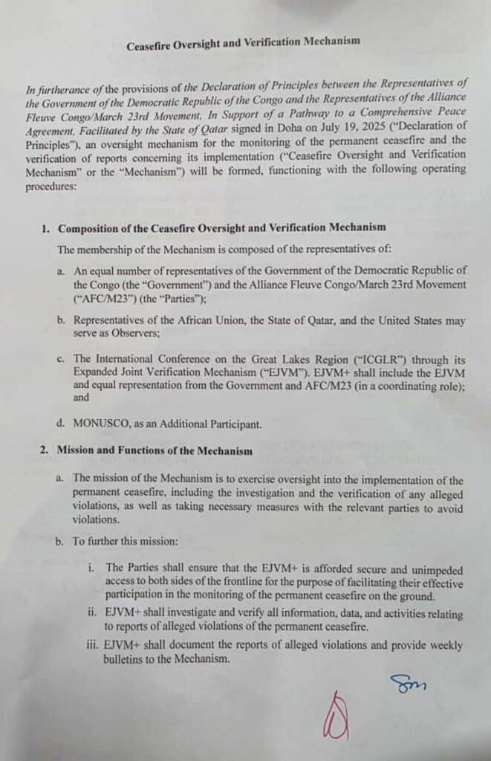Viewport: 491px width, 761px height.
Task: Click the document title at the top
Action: point(243,44)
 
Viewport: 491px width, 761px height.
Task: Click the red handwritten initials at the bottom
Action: point(336,717)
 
